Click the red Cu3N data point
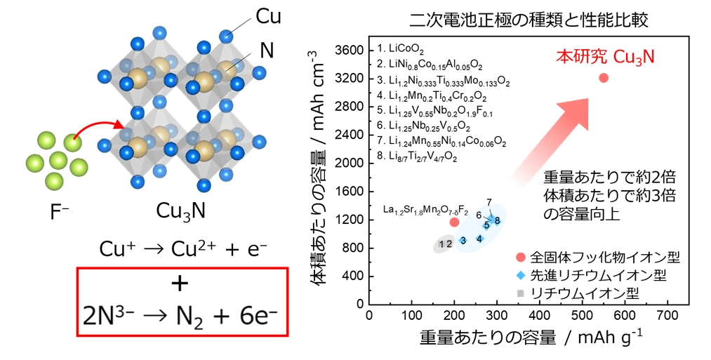coord(603,77)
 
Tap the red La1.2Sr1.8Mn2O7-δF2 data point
coord(454,222)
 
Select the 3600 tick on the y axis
coord(350,51)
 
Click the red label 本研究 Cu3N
coord(605,56)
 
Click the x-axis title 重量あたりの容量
coord(484,338)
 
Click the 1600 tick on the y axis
coord(350,192)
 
